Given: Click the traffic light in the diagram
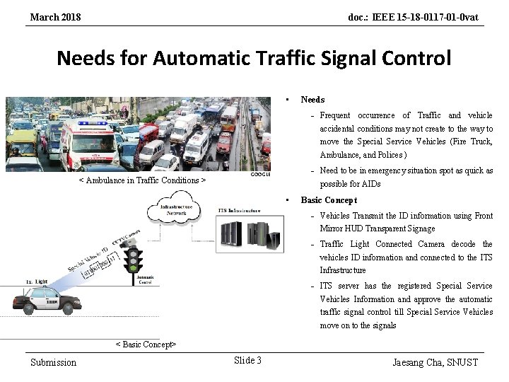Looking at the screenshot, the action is coord(132,260).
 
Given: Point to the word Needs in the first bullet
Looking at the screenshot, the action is coord(312,100).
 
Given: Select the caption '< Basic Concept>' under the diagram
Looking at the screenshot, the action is coord(146,345).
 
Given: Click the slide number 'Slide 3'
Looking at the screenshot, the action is coord(247,361).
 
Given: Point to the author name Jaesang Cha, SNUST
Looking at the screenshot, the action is coord(435,362).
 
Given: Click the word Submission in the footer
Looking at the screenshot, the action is coord(53,362).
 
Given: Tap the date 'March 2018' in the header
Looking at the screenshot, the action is coord(55,16).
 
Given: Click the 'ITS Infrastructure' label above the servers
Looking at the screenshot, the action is coord(240,210).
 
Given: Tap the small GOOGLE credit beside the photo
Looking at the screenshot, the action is coord(261,175).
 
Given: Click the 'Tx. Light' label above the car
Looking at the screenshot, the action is coord(37,281).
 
